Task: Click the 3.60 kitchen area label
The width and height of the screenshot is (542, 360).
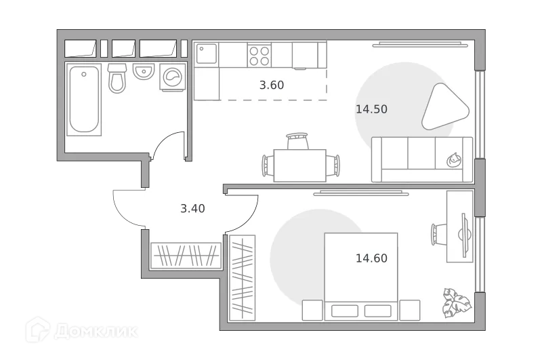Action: point(272,85)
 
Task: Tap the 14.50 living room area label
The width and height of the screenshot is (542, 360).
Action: point(371,109)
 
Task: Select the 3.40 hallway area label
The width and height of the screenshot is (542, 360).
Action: point(192,209)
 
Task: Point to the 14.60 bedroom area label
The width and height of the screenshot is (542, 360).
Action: point(371,258)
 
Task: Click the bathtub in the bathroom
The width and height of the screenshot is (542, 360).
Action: point(84,99)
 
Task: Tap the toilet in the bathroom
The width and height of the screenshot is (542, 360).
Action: point(117,78)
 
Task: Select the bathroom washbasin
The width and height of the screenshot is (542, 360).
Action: point(144,71)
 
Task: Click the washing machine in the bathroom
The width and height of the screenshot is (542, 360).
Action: point(172,77)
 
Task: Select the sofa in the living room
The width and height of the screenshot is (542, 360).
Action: point(421,159)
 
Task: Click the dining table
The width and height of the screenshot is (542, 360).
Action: point(299,165)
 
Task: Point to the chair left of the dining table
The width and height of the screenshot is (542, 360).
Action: point(268,165)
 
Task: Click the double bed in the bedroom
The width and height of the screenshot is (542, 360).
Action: point(360,276)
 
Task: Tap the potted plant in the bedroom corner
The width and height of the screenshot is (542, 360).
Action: point(456,302)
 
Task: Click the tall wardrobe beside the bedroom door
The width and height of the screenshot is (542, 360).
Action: point(243,277)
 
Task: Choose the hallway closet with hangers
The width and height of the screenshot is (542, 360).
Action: point(186,256)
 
